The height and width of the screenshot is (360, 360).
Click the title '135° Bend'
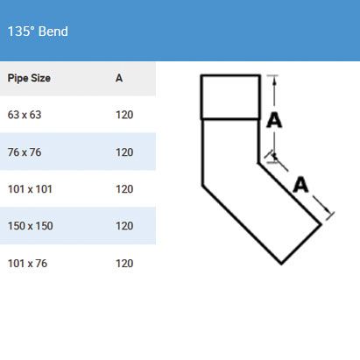tap(38, 32)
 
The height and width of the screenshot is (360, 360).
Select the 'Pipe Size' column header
tap(29, 78)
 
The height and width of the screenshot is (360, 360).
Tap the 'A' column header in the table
tap(119, 78)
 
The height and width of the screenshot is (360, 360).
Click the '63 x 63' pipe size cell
tap(25, 115)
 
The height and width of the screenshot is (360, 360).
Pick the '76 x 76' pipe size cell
tap(25, 152)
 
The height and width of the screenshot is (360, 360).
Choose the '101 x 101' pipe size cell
tap(30, 189)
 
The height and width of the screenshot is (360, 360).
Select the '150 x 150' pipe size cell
tap(31, 226)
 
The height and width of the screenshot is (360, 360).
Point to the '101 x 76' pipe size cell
tap(27, 264)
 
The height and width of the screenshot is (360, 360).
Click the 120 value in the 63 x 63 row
tap(124, 115)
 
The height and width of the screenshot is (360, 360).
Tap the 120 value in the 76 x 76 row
tap(124, 152)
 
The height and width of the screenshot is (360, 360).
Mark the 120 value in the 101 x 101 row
tap(124, 189)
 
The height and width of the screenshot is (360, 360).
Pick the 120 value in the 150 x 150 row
tap(124, 226)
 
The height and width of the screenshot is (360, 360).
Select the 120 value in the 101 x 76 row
tap(124, 264)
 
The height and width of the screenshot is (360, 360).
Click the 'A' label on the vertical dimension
tap(274, 120)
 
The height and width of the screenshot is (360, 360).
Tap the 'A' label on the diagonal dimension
tap(300, 185)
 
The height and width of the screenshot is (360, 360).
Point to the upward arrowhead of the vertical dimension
tap(274, 81)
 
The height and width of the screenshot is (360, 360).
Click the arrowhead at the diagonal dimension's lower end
tap(328, 211)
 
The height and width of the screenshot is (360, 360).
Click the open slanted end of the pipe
tap(301, 244)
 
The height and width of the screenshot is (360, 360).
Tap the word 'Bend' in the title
tap(53, 32)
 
